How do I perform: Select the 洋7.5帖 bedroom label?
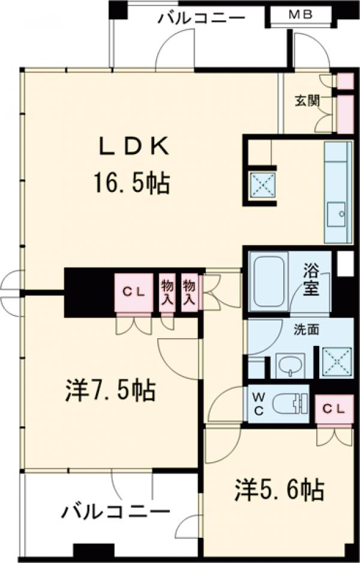pyautogui.click(x=110, y=391)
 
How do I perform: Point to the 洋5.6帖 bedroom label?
pyautogui.click(x=280, y=490)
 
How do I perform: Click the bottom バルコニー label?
pyautogui.click(x=115, y=511)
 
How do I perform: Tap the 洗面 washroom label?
pyautogui.click(x=307, y=330)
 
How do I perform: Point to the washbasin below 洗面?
pyautogui.click(x=290, y=366)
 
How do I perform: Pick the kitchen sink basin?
pyautogui.click(x=336, y=214)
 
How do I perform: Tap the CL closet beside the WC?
pyautogui.click(x=334, y=408)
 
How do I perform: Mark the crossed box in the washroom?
pyautogui.click(x=336, y=362)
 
